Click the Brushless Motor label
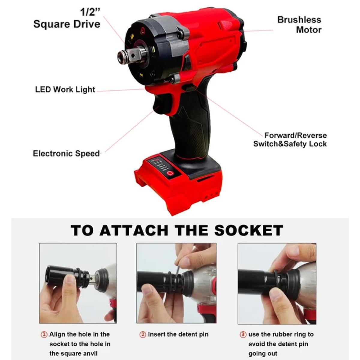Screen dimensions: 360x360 point(299,25)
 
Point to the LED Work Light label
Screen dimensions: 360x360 point(65,89)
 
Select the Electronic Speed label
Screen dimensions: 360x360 point(66,154)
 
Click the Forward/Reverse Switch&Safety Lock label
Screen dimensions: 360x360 point(290,139)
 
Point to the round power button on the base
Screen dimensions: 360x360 point(171,173)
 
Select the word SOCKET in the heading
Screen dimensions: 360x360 point(249,230)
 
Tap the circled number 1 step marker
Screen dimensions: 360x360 point(44,334)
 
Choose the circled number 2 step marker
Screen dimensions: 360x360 point(143,334)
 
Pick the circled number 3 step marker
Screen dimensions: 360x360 point(243,334)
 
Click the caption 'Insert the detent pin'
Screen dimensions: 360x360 point(178,334)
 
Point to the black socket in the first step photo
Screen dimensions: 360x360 point(61,276)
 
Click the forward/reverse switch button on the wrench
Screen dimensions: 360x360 point(188,88)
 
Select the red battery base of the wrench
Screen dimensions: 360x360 point(180,186)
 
